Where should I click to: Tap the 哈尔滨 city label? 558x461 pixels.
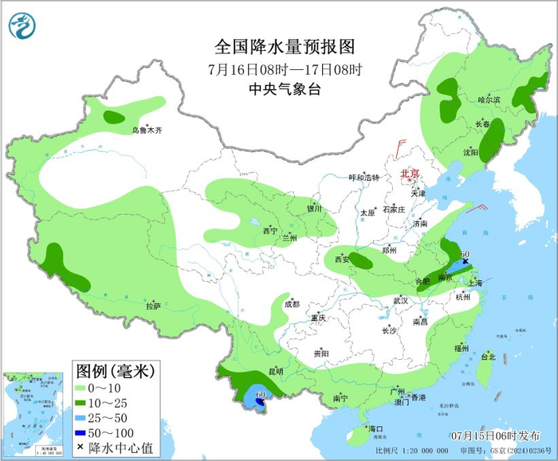[489, 100]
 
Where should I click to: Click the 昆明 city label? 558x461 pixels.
[276, 371]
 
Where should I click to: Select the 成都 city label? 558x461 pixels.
[292, 303]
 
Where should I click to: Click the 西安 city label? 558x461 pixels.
[342, 260]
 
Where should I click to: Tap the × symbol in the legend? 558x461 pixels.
[81, 447]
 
